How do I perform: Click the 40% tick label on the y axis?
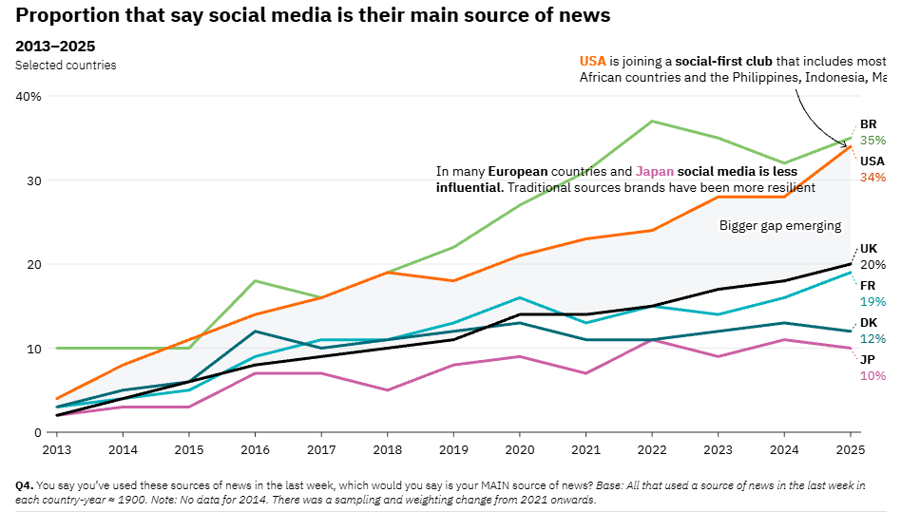click(29, 96)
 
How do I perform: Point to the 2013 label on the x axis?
click(57, 446)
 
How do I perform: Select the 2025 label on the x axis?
click(850, 446)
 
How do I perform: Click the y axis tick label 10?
click(33, 349)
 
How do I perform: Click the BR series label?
click(868, 124)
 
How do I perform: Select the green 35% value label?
click(872, 141)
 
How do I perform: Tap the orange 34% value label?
click(872, 178)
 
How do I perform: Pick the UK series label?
click(869, 249)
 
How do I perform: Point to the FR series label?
click(868, 286)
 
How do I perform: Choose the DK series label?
click(869, 323)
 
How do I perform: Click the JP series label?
click(867, 360)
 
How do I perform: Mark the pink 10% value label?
click(872, 376)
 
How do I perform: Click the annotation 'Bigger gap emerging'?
click(779, 226)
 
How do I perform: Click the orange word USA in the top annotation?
click(592, 61)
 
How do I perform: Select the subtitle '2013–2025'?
click(55, 47)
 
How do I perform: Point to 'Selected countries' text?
click(66, 66)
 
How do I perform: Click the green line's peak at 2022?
click(651, 121)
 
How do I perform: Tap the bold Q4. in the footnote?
click(24, 485)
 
